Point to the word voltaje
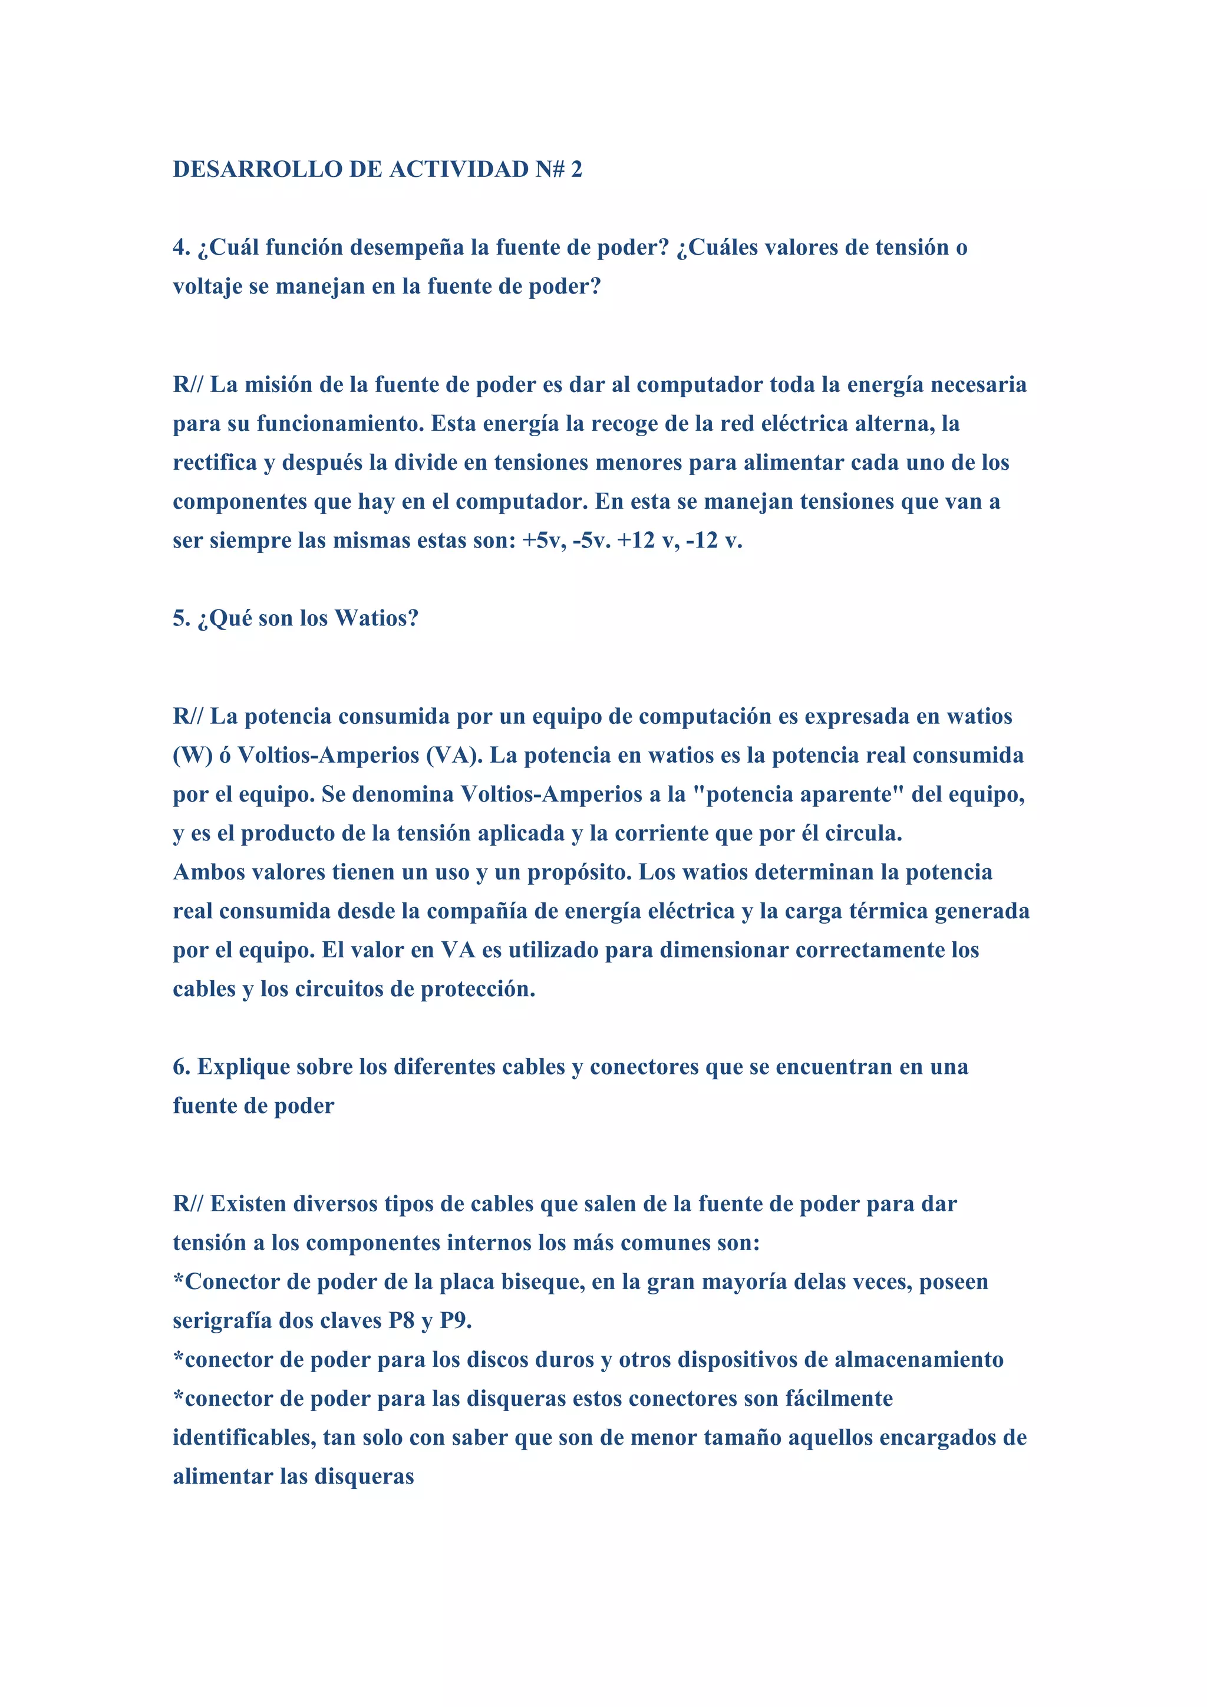[207, 287]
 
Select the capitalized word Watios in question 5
[376, 618]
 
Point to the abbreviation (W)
[193, 756]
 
